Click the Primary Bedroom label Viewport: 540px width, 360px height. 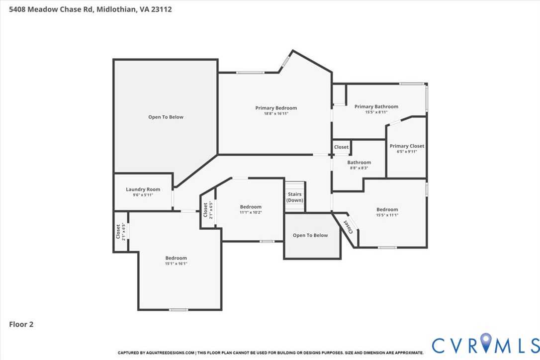tap(276, 108)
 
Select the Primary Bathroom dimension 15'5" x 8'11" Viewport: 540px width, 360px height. tap(376, 112)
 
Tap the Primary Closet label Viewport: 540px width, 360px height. tap(407, 146)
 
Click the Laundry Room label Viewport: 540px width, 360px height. tap(143, 189)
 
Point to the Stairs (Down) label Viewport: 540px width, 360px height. tap(294, 197)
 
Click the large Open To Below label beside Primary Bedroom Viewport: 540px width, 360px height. tap(166, 117)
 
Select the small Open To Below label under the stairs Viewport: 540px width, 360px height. tap(310, 235)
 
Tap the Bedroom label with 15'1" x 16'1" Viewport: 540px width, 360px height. tap(176, 258)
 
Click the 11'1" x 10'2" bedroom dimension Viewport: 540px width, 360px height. tap(250, 213)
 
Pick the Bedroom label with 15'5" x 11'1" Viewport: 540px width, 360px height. tap(387, 209)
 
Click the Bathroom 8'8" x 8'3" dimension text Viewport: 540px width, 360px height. tap(359, 168)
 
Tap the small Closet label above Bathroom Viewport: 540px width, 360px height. tap(341, 147)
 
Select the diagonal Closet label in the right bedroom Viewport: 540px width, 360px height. tap(349, 226)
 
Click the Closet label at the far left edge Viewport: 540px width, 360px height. tap(118, 231)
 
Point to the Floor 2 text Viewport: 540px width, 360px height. tap(21, 324)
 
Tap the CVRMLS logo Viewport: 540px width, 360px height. tap(485, 344)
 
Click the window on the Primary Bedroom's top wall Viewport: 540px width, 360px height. tap(250, 73)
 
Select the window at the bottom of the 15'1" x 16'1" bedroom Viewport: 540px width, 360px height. tap(179, 310)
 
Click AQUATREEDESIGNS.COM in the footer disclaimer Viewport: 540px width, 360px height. tap(169, 353)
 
